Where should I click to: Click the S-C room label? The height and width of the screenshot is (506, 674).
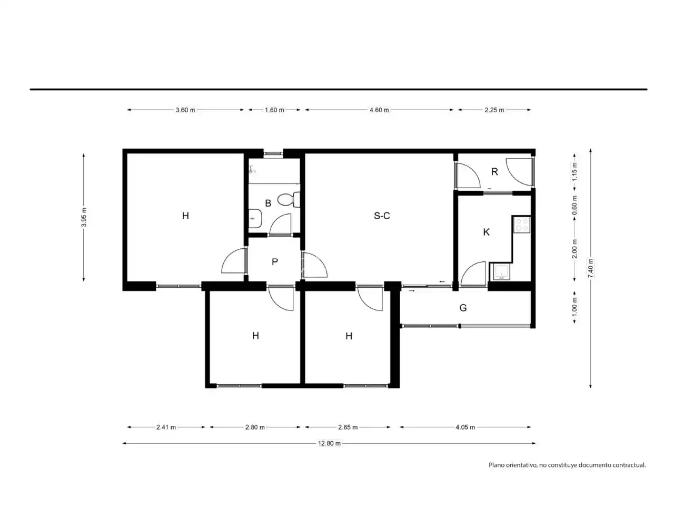pyautogui.click(x=381, y=216)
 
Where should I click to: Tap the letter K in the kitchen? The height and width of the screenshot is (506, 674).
pyautogui.click(x=486, y=232)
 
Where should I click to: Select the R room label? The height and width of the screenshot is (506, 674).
pyautogui.click(x=494, y=172)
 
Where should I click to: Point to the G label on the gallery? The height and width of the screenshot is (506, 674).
pyautogui.click(x=463, y=307)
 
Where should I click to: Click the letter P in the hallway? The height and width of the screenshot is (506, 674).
pyautogui.click(x=275, y=261)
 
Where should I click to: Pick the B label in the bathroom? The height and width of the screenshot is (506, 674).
pyautogui.click(x=268, y=203)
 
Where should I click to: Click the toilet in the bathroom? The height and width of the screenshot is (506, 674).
pyautogui.click(x=289, y=199)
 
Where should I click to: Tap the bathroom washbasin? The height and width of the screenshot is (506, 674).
pyautogui.click(x=254, y=218)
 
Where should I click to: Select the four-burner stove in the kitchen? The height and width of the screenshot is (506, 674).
pyautogui.click(x=522, y=225)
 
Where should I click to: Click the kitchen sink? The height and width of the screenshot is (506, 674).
pyautogui.click(x=501, y=271)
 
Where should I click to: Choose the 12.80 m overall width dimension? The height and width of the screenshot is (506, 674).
pyautogui.click(x=329, y=443)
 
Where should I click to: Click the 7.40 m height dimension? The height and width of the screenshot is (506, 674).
pyautogui.click(x=590, y=268)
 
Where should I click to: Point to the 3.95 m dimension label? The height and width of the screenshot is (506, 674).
pyautogui.click(x=84, y=217)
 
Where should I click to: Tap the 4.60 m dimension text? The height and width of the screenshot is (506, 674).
pyautogui.click(x=379, y=110)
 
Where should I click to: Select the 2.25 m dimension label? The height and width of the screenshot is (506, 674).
pyautogui.click(x=494, y=110)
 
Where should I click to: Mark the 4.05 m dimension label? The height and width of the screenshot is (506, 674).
pyautogui.click(x=465, y=427)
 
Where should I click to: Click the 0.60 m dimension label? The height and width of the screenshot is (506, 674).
pyautogui.click(x=574, y=205)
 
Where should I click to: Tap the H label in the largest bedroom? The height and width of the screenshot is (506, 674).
pyautogui.click(x=185, y=216)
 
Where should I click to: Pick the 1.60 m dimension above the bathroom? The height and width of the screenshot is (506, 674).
pyautogui.click(x=274, y=110)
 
